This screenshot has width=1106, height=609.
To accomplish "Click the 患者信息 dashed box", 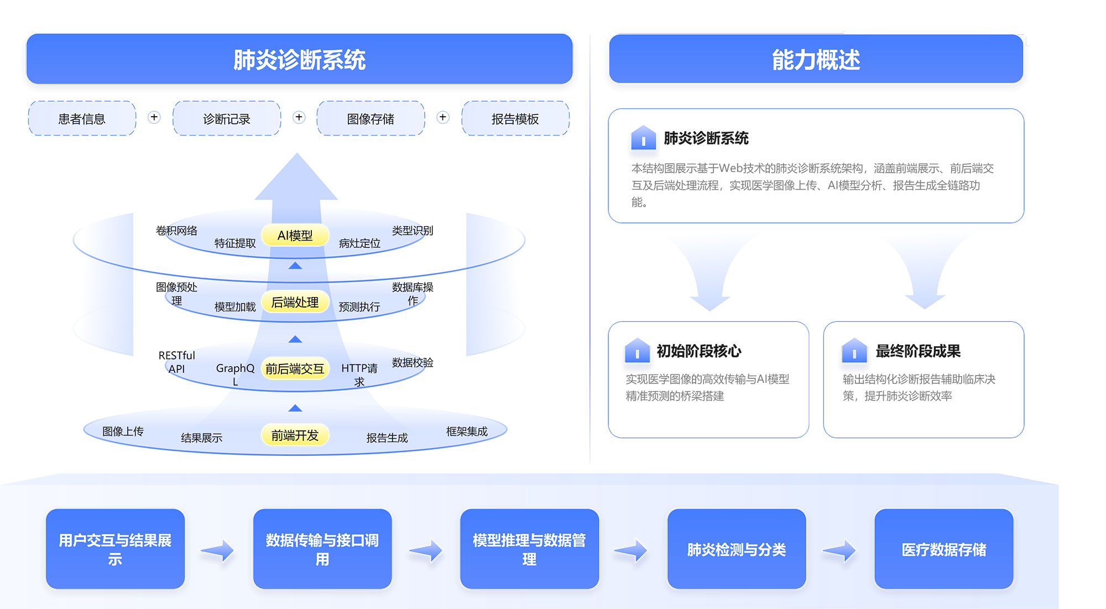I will pos(82,118).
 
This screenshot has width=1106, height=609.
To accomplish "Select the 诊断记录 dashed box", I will pos(227,118).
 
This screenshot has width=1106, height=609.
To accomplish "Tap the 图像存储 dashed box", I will pos(371,118).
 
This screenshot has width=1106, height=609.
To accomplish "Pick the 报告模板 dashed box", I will pos(515,118).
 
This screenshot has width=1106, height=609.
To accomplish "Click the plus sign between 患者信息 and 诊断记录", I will pos(154,117).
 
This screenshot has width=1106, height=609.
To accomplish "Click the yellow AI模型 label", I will pos(295,236).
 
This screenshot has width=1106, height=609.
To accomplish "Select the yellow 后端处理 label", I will pos(295,302).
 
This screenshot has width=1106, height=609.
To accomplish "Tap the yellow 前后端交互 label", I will pos(295,369).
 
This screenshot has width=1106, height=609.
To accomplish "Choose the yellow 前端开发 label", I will pos(295,435).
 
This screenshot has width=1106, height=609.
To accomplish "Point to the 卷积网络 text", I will pos(176,231).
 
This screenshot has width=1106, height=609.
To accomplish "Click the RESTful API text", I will pos(176,362).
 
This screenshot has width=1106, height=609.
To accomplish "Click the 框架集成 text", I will pos(467,431).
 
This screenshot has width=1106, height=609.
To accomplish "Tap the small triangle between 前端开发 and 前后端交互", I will pos(295,408).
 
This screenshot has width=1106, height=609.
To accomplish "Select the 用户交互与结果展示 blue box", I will pos(115,549).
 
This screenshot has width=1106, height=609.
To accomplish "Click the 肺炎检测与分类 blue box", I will pos(737,549).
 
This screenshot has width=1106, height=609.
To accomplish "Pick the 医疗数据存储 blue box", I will pos(943,549).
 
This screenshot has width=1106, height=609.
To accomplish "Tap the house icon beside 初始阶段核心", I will pos(637,351).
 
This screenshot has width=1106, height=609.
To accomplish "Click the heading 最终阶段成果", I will pos(918,351).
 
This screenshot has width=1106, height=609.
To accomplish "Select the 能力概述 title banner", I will pos(816,59).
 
